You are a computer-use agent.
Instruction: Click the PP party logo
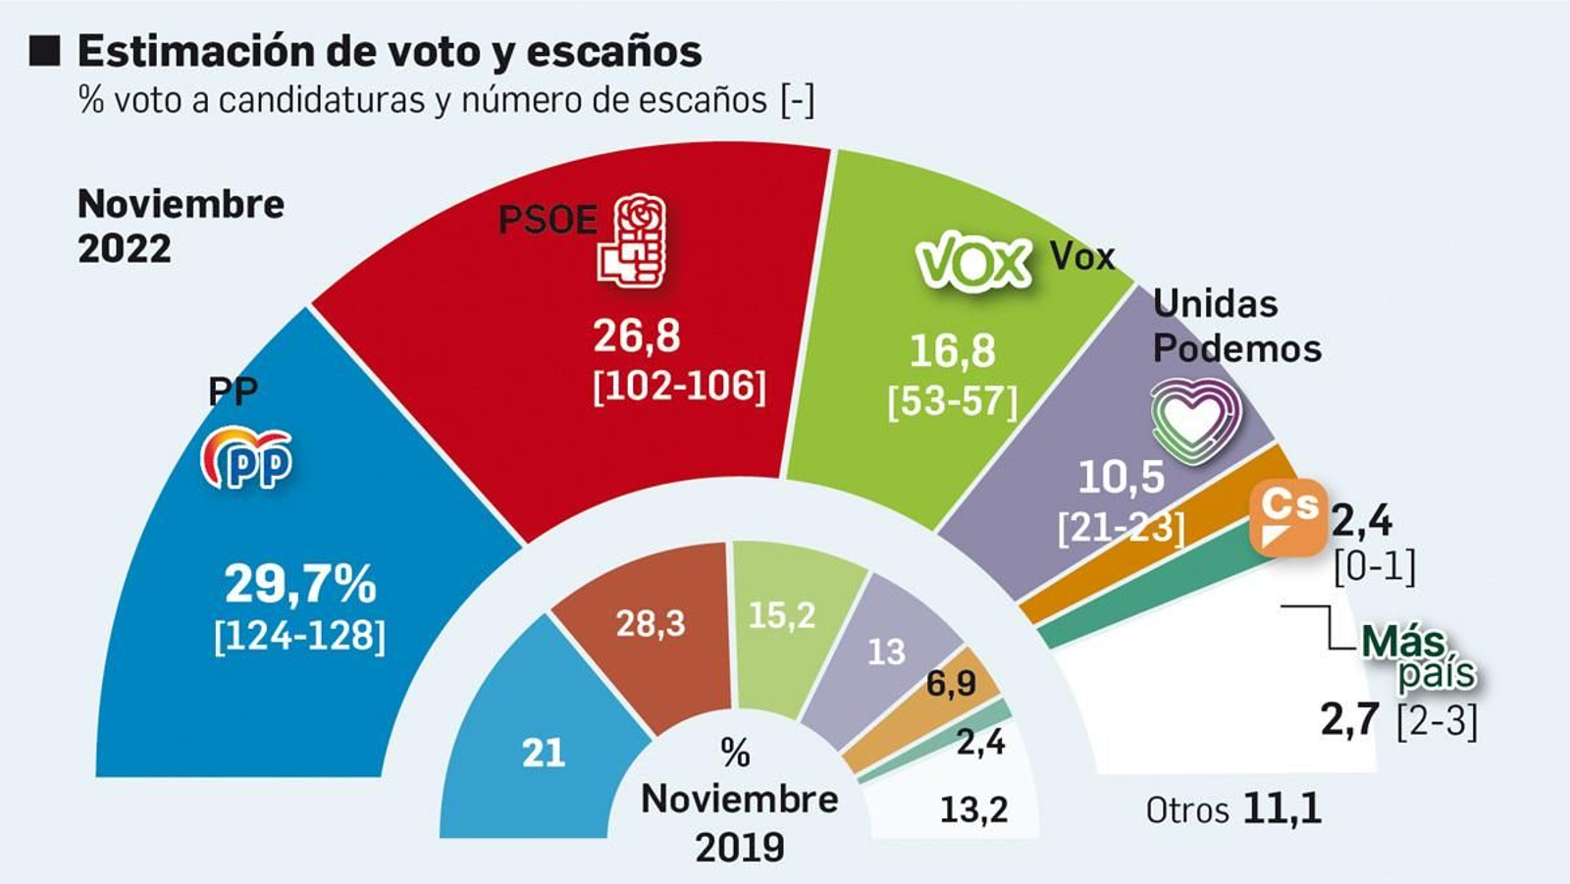tap(247, 458)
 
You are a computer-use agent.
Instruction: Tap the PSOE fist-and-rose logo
tap(633, 241)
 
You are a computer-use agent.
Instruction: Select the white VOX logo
tap(973, 261)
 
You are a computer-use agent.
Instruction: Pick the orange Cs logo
tap(1288, 517)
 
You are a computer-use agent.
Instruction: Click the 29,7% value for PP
tap(300, 585)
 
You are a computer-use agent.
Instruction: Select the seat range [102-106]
tap(679, 387)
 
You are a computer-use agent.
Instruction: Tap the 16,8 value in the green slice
tap(952, 351)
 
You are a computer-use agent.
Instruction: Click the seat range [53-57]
tap(952, 402)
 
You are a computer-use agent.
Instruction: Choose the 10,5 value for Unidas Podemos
tap(1121, 478)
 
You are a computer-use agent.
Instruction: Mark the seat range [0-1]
tap(1375, 567)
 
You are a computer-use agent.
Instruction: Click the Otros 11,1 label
tap(1233, 810)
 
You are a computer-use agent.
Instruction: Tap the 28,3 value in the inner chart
tap(651, 623)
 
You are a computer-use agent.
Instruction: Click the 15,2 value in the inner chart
tap(781, 615)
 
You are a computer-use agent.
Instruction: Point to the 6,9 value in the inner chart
tap(951, 683)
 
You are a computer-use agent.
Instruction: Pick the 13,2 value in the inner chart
tap(973, 810)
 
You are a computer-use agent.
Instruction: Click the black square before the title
tap(45, 50)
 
